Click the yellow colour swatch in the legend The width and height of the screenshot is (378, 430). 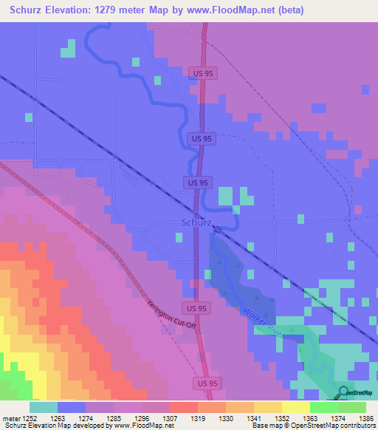295,407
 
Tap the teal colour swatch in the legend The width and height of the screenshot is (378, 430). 44,407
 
